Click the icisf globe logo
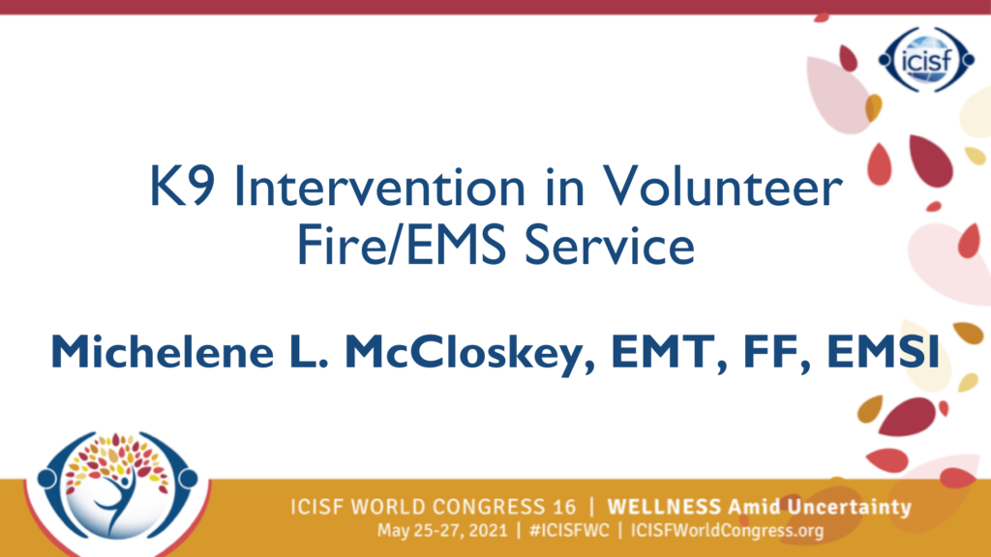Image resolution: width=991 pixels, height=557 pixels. (x=926, y=60)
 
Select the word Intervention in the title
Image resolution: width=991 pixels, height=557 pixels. (x=379, y=187)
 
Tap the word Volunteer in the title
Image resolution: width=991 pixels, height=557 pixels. (x=722, y=187)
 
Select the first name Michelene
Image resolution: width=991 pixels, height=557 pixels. (x=163, y=351)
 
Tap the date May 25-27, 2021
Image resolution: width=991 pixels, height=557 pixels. (x=442, y=531)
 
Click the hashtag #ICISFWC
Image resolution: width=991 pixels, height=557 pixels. (x=569, y=531)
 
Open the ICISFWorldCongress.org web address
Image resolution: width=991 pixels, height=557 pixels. (x=728, y=531)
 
